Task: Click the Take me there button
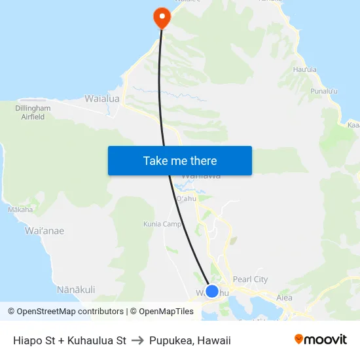(179, 160)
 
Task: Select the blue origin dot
(212, 291)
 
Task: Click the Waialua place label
(102, 99)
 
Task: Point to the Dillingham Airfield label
(33, 112)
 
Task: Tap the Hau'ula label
(305, 69)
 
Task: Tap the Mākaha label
(20, 210)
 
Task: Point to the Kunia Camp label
(162, 224)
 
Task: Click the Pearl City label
(250, 279)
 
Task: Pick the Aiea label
(284, 297)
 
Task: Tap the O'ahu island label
(187, 199)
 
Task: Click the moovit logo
(320, 339)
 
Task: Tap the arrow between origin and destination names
(137, 340)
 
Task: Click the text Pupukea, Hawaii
(190, 340)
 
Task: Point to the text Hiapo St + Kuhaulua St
(69, 340)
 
